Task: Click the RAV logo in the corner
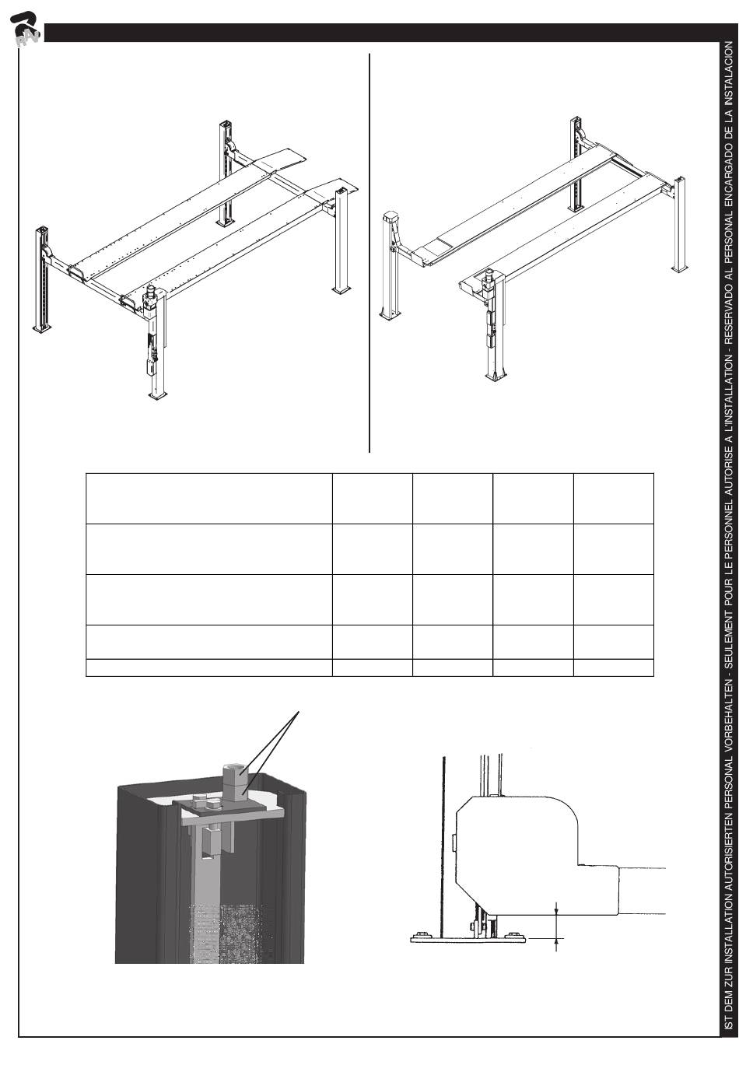pos(26,29)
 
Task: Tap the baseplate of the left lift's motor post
pos(158,394)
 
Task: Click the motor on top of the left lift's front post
pos(151,291)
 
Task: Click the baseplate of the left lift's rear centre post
pos(226,222)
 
